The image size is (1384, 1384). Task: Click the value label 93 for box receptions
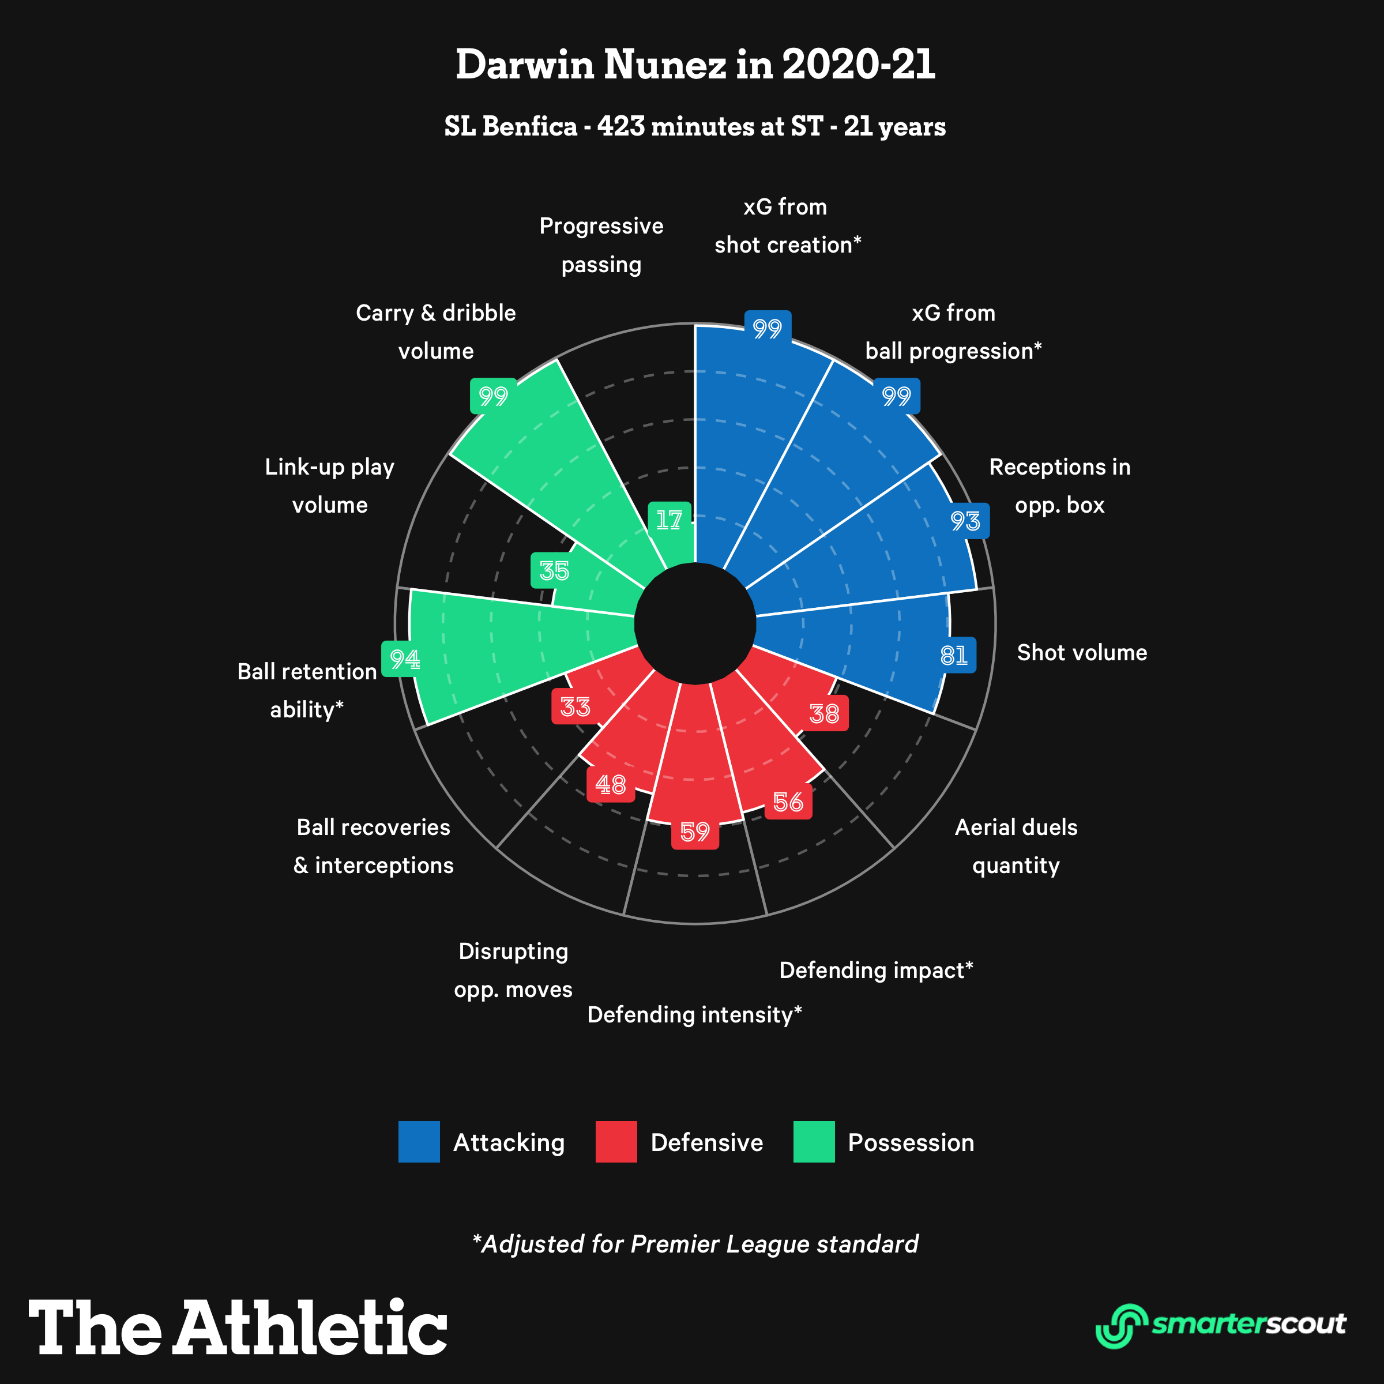(965, 521)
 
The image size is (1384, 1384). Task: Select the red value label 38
(824, 713)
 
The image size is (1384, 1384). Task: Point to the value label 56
(788, 802)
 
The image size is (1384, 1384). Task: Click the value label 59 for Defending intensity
(695, 832)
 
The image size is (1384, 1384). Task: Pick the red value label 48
(610, 784)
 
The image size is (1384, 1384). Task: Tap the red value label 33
(576, 707)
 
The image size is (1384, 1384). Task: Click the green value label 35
(554, 571)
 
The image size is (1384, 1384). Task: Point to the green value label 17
(669, 520)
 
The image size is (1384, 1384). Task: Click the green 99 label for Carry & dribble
(493, 396)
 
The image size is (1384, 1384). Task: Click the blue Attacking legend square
(419, 1142)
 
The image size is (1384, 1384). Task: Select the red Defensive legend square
(616, 1142)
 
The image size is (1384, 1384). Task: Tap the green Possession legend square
(814, 1142)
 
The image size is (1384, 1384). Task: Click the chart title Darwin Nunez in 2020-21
(695, 65)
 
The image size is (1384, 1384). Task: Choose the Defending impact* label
(876, 970)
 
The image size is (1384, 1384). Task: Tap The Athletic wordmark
(238, 1327)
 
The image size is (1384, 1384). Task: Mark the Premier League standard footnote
(695, 1244)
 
